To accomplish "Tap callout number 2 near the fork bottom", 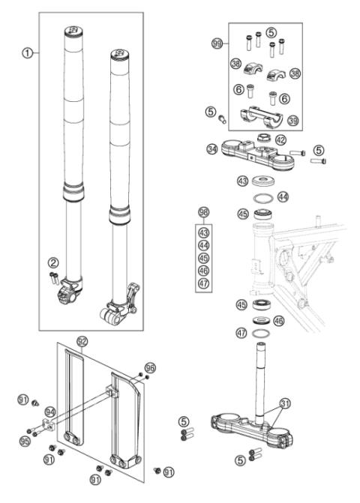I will pos(53,262).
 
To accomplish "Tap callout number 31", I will pos(283,404).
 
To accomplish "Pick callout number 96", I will pos(151,368).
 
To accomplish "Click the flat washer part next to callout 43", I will pos(263,181).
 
